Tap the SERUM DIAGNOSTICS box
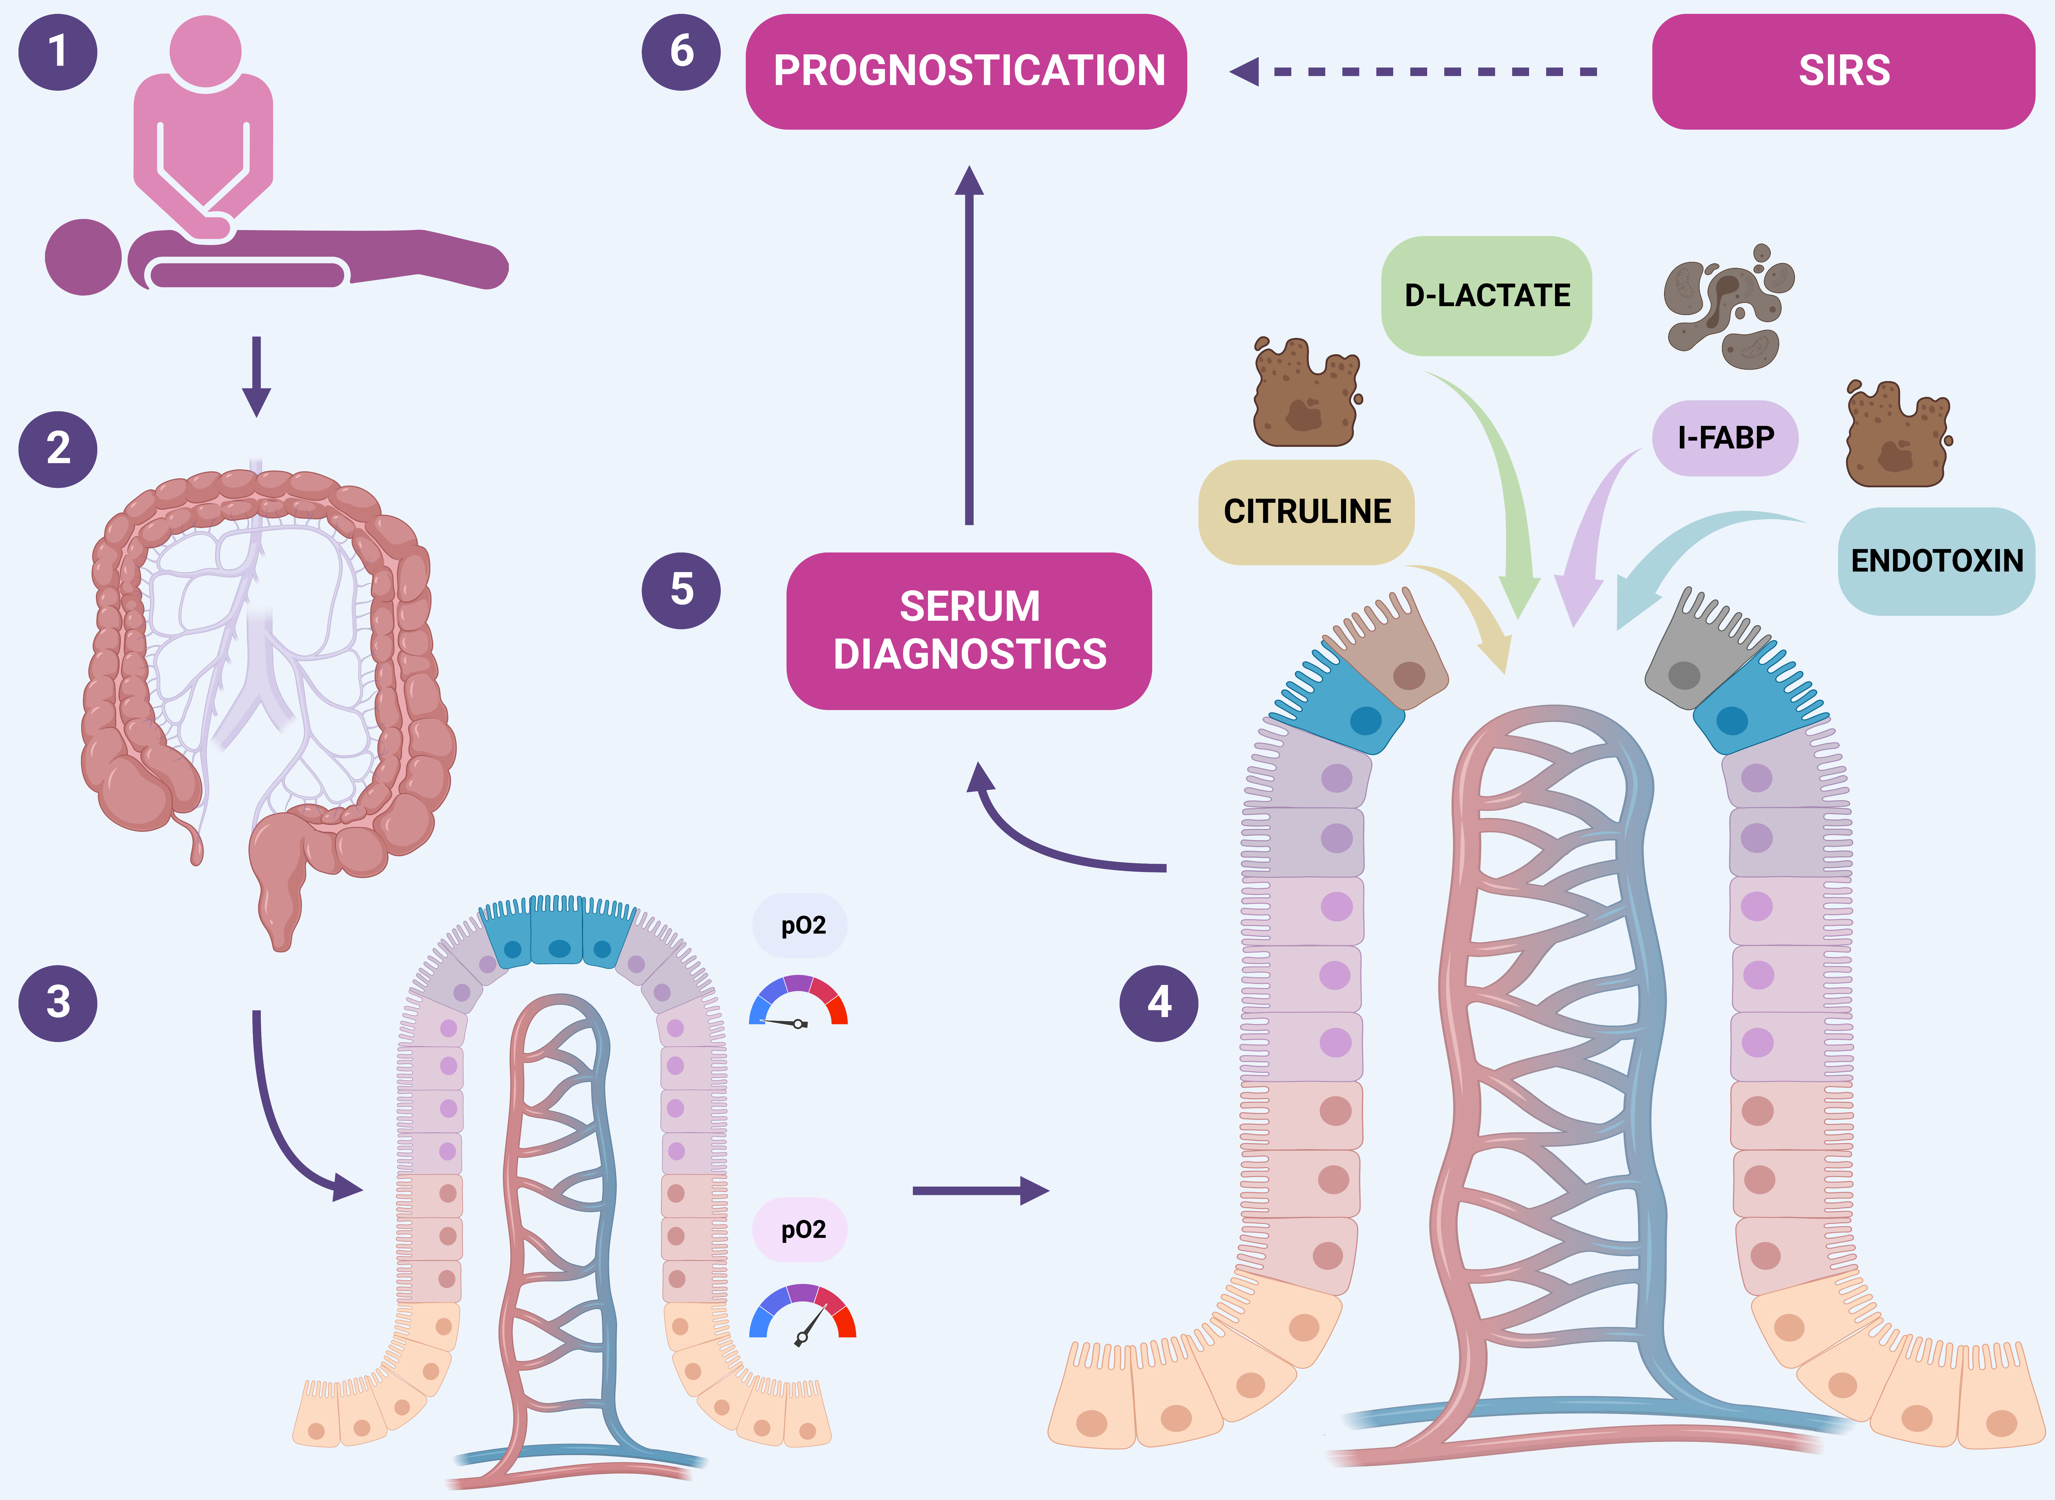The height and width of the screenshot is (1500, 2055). tap(969, 630)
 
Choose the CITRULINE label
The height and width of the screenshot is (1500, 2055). tap(1307, 511)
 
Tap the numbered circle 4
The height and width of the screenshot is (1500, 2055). tap(1159, 1002)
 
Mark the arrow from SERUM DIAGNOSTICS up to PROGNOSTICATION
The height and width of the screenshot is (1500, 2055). tap(969, 345)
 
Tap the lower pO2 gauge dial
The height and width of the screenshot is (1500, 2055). tap(802, 1314)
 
